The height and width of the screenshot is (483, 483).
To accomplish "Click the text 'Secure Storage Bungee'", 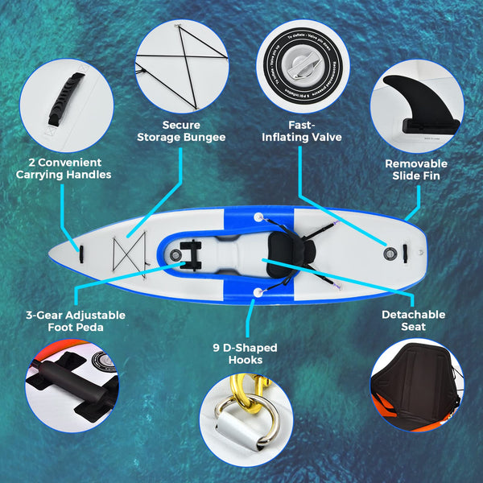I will pyautogui.click(x=193, y=131).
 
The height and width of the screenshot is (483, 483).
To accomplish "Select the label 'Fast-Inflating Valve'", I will pyautogui.click(x=302, y=131).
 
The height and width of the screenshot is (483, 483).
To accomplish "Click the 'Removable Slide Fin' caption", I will pyautogui.click(x=415, y=169).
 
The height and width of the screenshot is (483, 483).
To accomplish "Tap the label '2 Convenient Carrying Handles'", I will pyautogui.click(x=64, y=167).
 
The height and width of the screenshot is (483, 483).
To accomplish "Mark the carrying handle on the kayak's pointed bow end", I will pyautogui.click(x=80, y=251).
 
